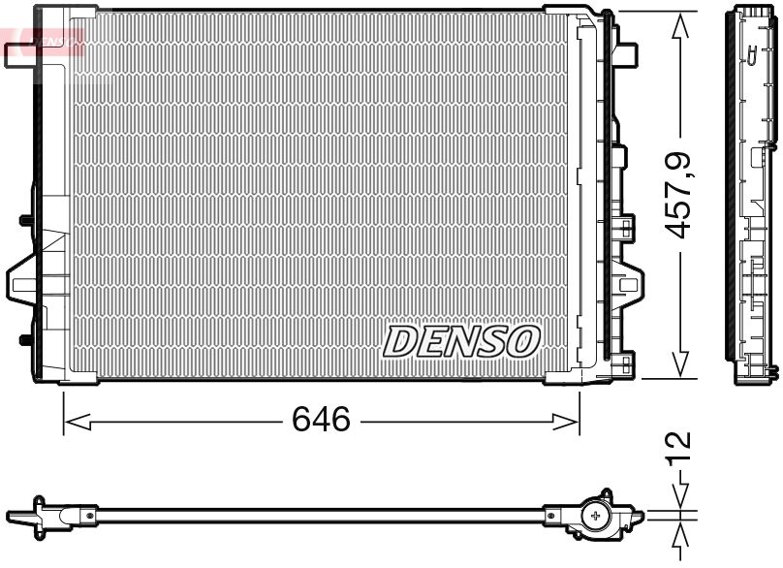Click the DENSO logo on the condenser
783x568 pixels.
click(x=461, y=340)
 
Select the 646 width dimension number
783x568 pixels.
click(x=321, y=420)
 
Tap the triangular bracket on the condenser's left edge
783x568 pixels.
click(x=21, y=281)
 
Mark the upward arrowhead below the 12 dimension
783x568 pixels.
click(x=682, y=530)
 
